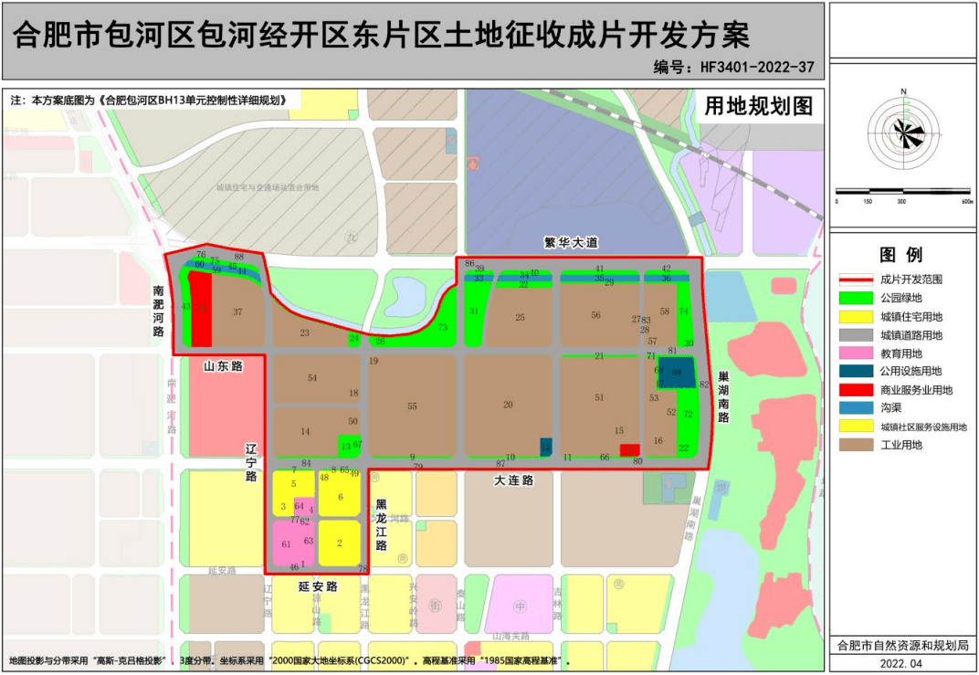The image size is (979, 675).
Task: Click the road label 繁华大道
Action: [570, 243]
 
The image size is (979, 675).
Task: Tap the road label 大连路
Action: [513, 480]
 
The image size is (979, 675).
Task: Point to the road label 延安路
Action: [318, 586]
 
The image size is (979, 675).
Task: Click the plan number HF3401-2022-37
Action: [734, 67]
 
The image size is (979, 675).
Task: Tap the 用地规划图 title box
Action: [758, 106]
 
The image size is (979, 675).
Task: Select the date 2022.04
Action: [900, 662]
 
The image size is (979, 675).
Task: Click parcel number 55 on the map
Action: [413, 406]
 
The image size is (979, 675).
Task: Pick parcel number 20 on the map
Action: [508, 405]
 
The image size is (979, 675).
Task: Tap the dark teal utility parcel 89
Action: [677, 373]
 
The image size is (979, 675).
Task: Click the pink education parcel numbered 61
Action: [286, 544]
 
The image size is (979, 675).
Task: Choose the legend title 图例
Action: [900, 255]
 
